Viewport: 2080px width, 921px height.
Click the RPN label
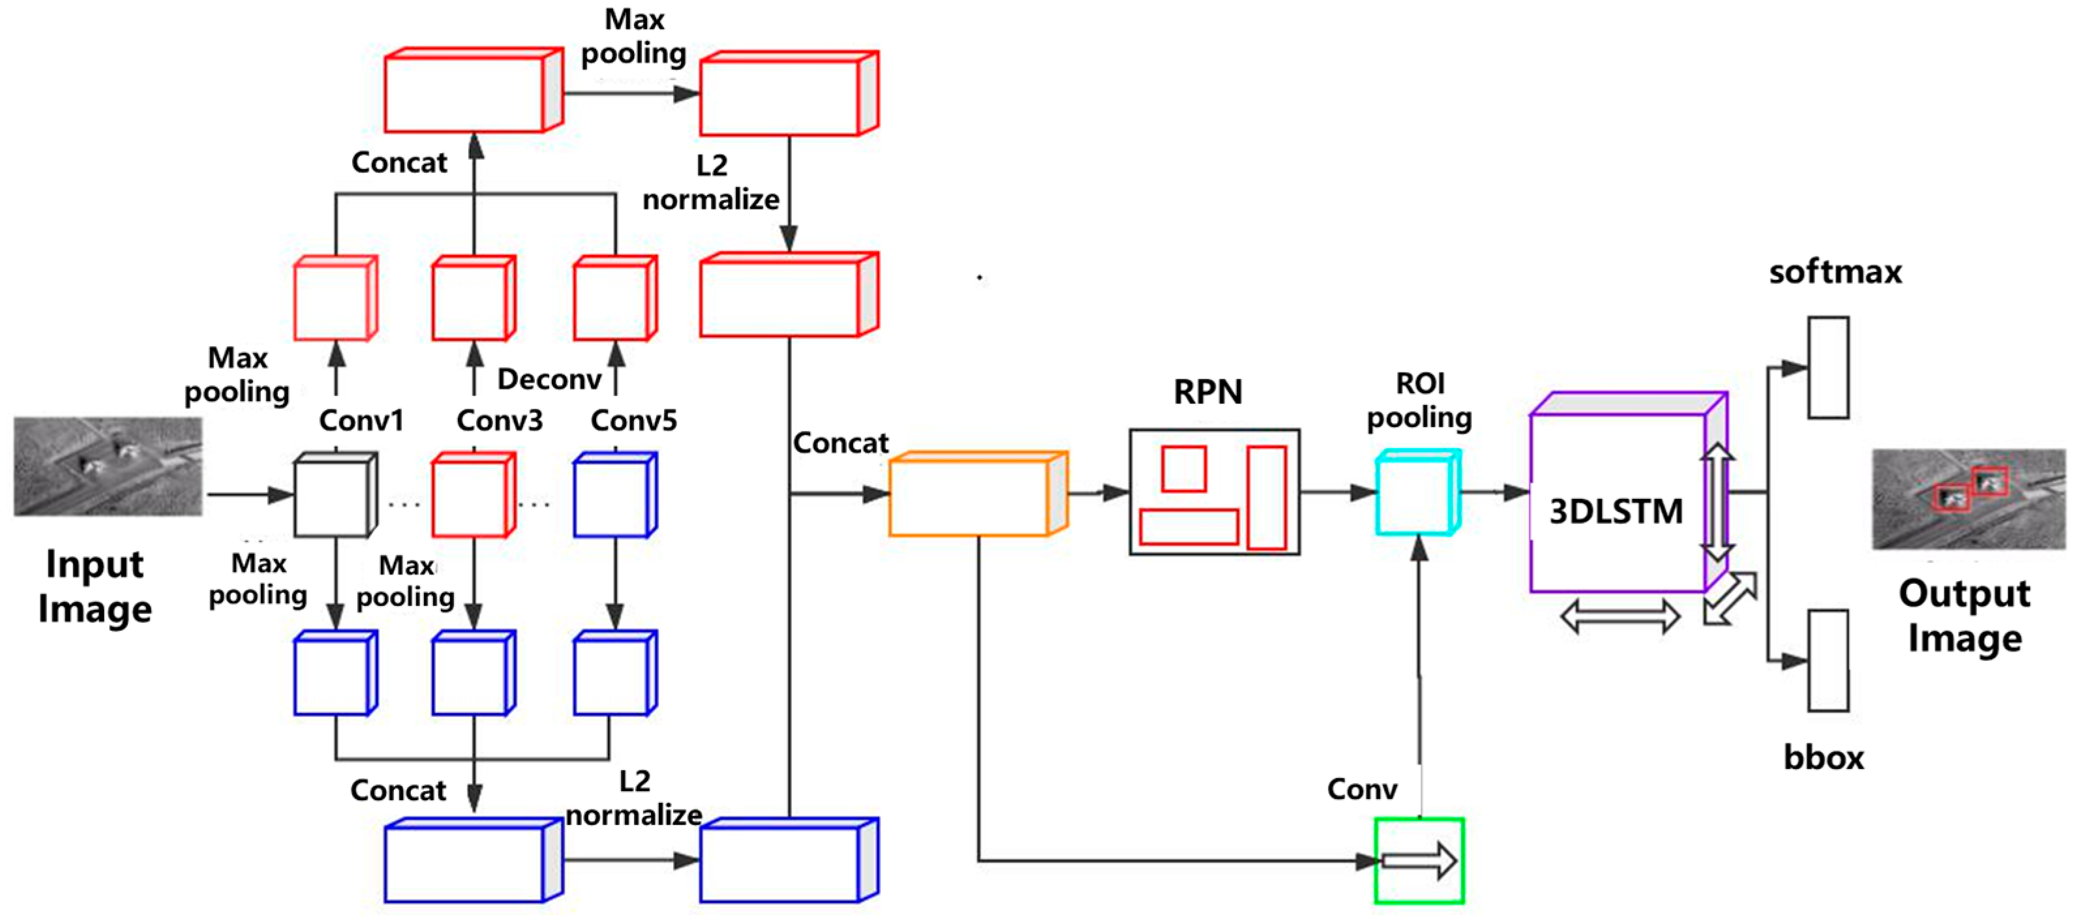click(x=1207, y=391)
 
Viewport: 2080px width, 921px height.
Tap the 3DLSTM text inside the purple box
click(x=1616, y=511)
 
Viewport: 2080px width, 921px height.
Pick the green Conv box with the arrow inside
click(x=1419, y=860)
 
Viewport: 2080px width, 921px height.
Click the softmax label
click(x=1835, y=271)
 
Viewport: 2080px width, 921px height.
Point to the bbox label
click(x=1823, y=757)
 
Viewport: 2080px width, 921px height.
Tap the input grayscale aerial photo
click(x=108, y=466)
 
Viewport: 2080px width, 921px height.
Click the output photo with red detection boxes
click(x=1968, y=499)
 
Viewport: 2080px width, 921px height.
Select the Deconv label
click(x=549, y=378)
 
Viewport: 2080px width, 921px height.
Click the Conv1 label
click(x=361, y=420)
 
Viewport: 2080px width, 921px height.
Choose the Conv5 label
click(x=634, y=420)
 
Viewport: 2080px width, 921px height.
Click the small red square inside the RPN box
click(x=1183, y=469)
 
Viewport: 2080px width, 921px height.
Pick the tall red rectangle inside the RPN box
click(x=1265, y=497)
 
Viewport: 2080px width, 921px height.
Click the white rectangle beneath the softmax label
click(x=1828, y=367)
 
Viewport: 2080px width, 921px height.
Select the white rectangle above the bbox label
click(x=1828, y=660)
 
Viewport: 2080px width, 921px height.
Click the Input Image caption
click(x=95, y=586)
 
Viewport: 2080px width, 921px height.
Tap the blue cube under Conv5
click(x=614, y=496)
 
